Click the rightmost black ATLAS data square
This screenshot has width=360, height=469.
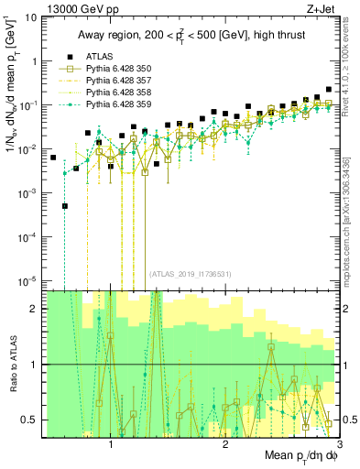[x=329, y=90]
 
